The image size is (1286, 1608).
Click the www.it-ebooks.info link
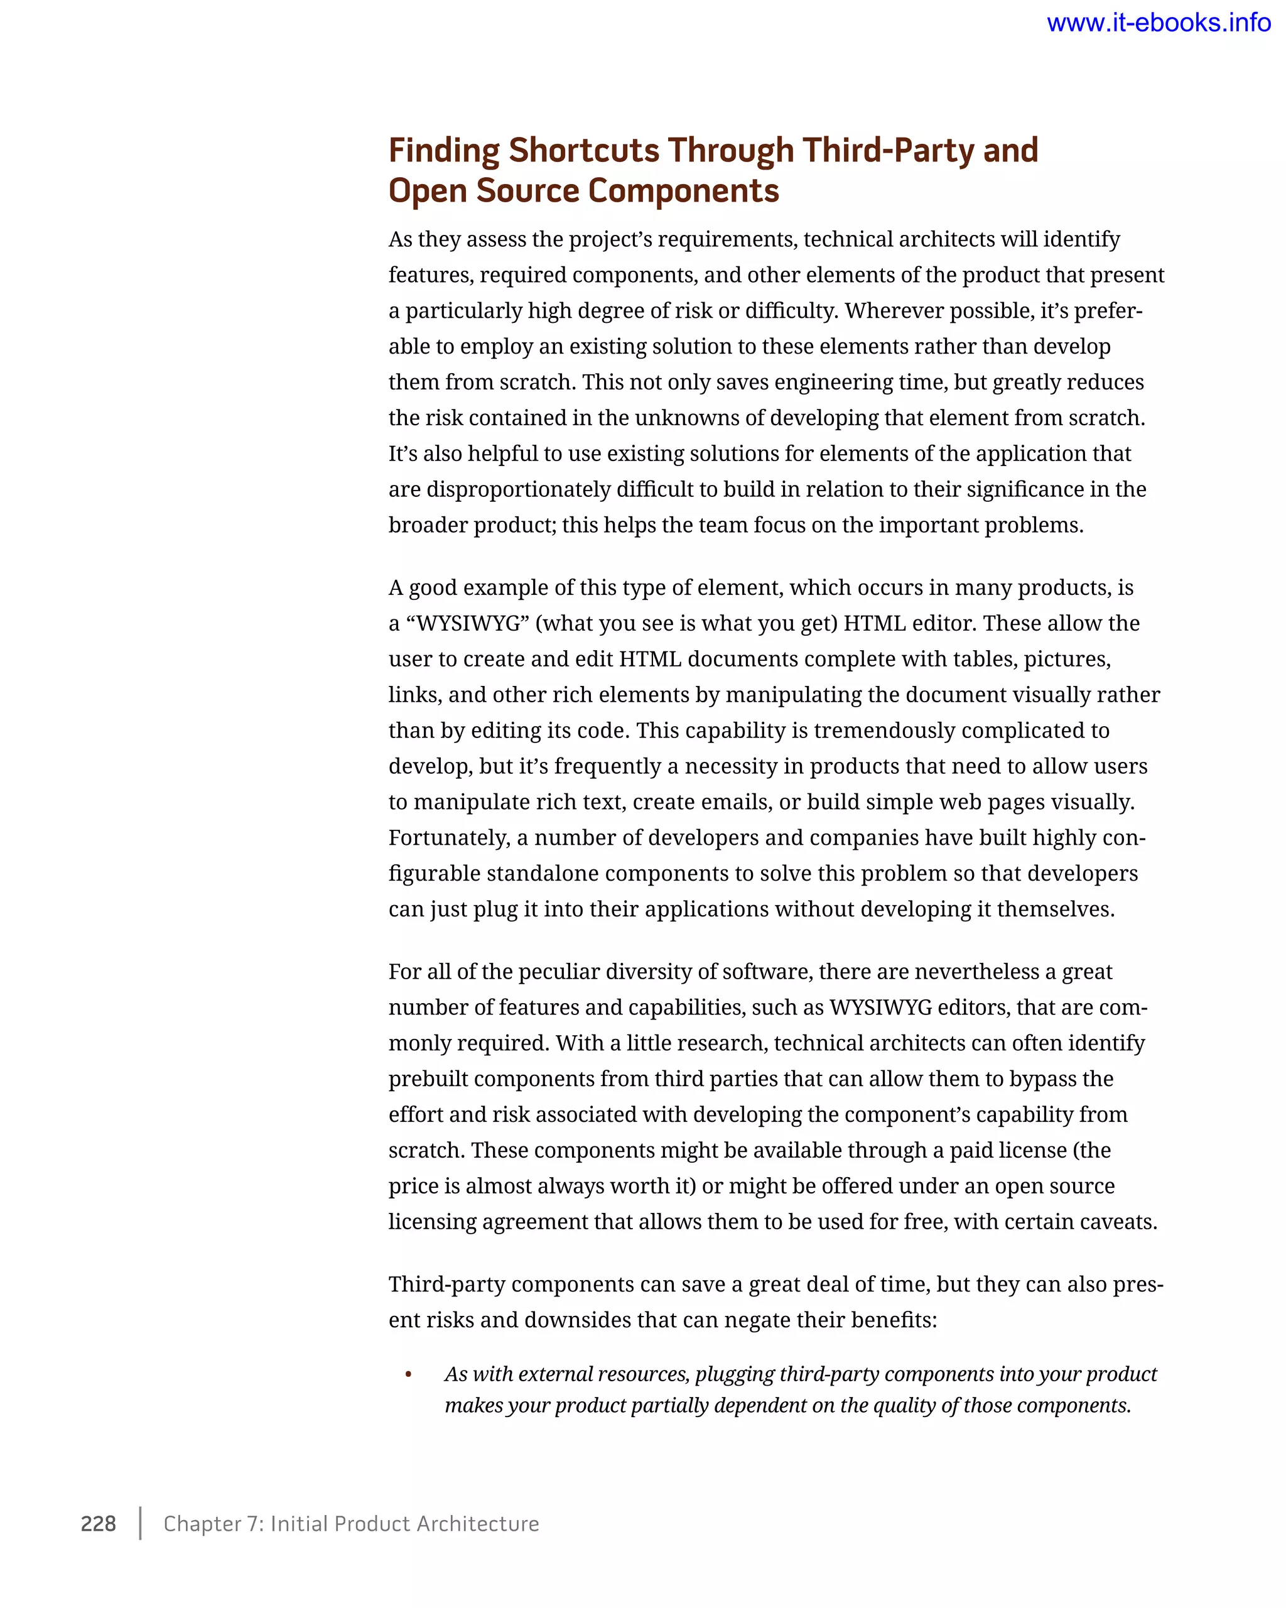[1158, 23]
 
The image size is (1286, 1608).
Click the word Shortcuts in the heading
[584, 150]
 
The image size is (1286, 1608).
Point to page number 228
[99, 1523]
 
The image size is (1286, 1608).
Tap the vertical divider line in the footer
[140, 1523]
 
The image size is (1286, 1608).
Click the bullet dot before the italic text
[409, 1374]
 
